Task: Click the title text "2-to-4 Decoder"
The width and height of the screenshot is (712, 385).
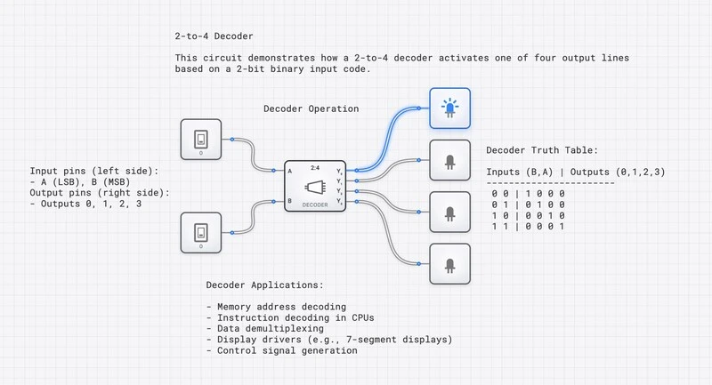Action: [214, 36]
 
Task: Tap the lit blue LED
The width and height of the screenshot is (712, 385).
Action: [450, 108]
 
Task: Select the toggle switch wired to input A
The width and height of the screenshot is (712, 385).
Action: [201, 139]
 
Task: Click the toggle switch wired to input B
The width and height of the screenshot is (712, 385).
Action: [201, 233]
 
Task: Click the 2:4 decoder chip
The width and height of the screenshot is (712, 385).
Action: [315, 186]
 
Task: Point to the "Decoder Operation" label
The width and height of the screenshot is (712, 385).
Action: [311, 109]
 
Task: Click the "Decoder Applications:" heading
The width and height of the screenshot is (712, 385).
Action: [264, 286]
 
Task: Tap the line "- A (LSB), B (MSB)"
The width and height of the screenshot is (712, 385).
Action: [84, 182]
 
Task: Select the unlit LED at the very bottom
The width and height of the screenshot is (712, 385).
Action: [450, 263]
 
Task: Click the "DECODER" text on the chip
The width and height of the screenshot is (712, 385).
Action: [315, 205]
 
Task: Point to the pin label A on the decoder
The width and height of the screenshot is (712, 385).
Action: [290, 169]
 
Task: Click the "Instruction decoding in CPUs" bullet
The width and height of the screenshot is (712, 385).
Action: [290, 318]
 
